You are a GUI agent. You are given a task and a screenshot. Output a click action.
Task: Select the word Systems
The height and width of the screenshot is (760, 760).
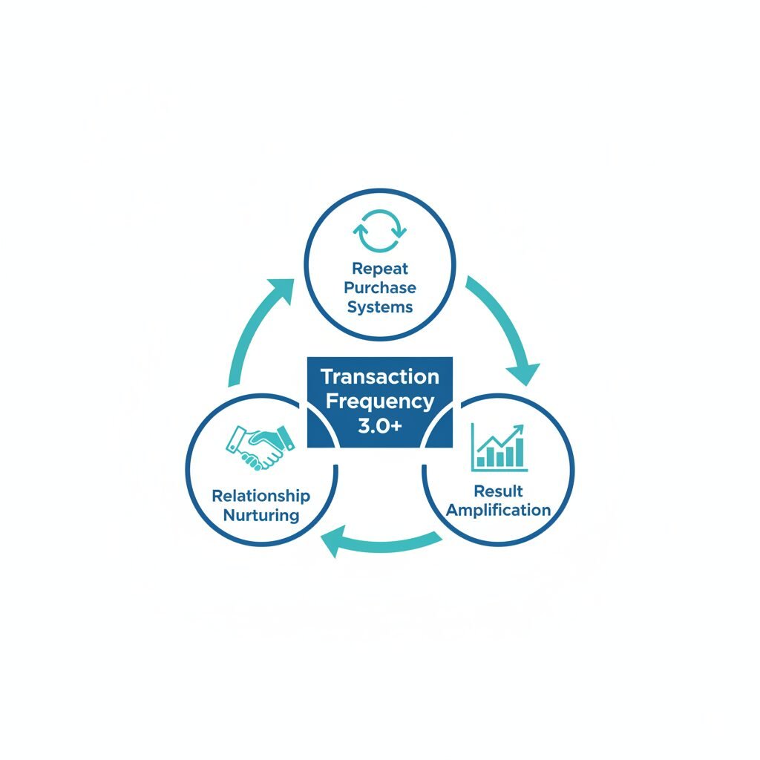point(380,306)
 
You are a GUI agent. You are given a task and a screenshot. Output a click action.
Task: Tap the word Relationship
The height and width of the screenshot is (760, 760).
point(261,496)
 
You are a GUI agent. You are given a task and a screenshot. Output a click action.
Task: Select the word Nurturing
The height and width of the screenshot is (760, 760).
point(261,515)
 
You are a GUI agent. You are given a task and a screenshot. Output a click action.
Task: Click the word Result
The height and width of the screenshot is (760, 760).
point(499,491)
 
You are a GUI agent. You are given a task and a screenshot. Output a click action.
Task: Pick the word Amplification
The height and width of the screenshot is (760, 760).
point(499,510)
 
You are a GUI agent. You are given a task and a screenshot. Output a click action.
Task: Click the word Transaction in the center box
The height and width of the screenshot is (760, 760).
point(380,376)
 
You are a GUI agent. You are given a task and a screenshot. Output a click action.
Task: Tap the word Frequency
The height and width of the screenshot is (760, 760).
point(380,402)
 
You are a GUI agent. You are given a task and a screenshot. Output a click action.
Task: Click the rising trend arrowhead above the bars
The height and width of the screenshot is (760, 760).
point(519,428)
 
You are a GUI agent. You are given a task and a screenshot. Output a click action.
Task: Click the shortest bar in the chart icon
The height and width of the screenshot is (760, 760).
point(481,461)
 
